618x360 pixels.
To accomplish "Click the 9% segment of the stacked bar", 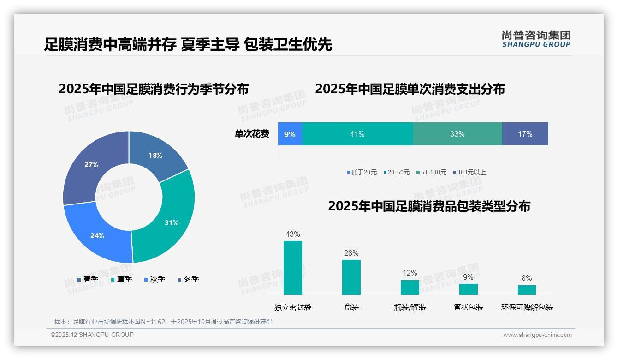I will click(x=290, y=134).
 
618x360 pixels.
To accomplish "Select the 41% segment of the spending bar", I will click(x=357, y=134).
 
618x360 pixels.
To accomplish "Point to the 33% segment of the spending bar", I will click(x=457, y=134).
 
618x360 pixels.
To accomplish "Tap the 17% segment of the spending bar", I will click(x=525, y=134).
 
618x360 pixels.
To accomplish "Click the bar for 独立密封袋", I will click(x=293, y=268).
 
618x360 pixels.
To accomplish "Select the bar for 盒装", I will click(x=351, y=277).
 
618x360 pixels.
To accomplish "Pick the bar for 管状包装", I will click(x=468, y=289).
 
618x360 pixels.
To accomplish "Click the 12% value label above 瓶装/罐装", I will click(x=410, y=273).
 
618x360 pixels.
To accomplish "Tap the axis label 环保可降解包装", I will click(x=527, y=307).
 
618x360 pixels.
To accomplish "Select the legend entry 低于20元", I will click(x=362, y=173).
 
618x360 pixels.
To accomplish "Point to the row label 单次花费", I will click(x=252, y=134).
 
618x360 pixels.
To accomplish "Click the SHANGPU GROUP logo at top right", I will click(x=536, y=39).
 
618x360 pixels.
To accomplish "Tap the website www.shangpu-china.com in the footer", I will click(x=537, y=335).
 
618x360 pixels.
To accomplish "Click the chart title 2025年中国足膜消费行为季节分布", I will click(x=154, y=89).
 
